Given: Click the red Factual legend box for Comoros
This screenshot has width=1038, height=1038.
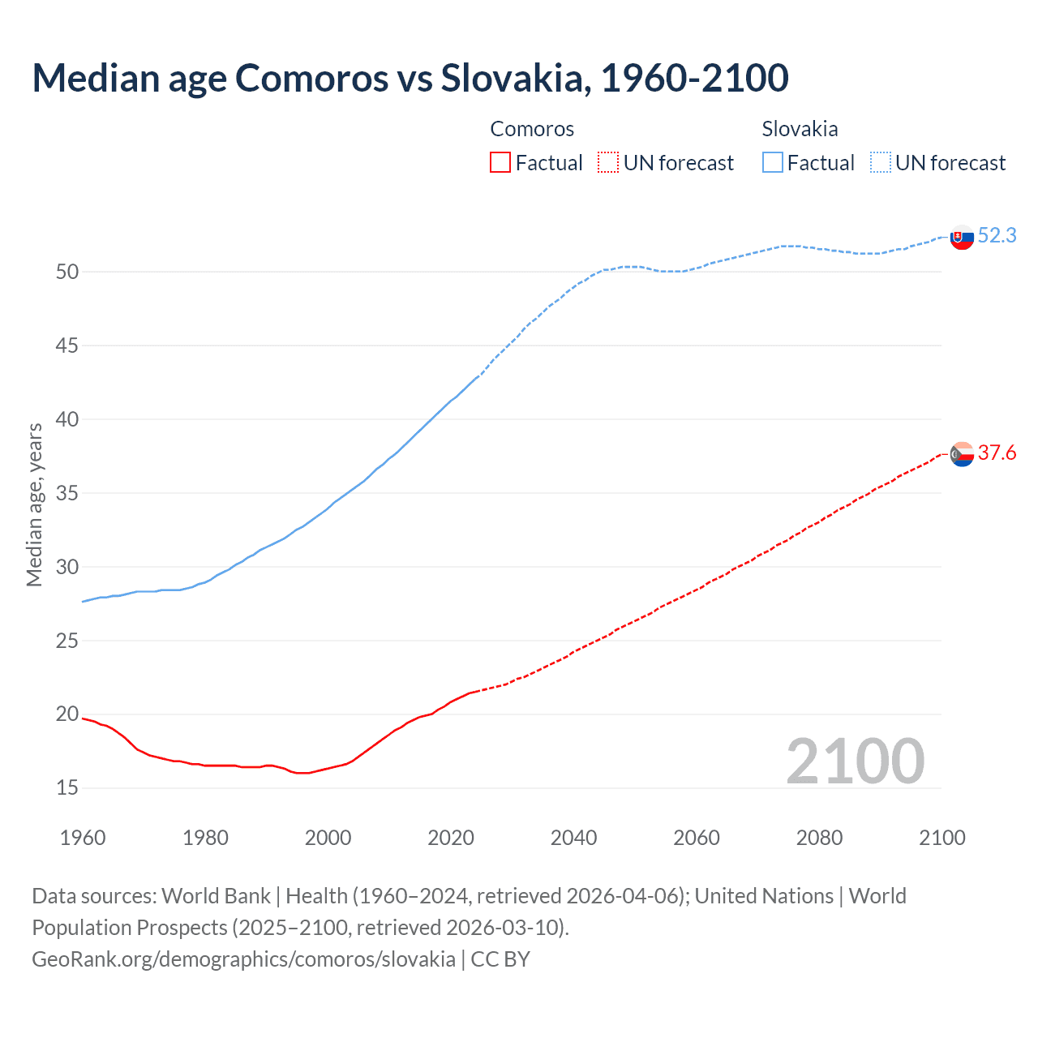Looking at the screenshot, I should [x=500, y=163].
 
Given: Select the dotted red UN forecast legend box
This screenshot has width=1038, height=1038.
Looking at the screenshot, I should [x=608, y=163].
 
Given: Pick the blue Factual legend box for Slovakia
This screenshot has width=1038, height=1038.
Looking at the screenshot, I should [x=773, y=163].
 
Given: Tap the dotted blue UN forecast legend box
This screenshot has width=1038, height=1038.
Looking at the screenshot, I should [x=881, y=163].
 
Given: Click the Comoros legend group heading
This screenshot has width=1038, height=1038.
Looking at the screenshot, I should [x=532, y=129].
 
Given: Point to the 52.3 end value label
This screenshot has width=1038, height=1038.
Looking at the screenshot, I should [x=997, y=236].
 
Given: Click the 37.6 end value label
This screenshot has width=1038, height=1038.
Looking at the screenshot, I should [x=997, y=453].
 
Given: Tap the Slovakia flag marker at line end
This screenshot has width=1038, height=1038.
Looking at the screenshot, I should [x=962, y=238].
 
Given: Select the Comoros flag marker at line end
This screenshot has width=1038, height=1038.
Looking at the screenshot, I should [x=962, y=455].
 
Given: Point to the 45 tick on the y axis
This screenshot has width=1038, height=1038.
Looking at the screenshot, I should [x=67, y=346].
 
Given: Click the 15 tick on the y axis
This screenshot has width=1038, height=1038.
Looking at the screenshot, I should [x=67, y=788].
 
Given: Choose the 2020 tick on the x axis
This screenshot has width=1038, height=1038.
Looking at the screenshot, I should [x=451, y=838].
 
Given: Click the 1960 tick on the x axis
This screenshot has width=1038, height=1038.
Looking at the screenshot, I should [x=83, y=838].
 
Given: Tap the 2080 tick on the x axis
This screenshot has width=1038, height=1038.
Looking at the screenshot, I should [x=819, y=838].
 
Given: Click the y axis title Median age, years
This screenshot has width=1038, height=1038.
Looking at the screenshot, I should [x=35, y=504].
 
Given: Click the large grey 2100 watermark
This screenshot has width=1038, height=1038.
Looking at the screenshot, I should [x=855, y=761].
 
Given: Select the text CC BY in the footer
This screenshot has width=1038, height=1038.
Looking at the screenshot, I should [x=500, y=959].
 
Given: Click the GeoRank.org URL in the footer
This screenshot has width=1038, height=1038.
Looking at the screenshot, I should [x=243, y=959].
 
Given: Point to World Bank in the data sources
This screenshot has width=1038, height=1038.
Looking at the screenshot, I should [x=216, y=896].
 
